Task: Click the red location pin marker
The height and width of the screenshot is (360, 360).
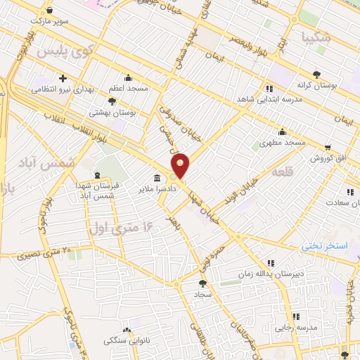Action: pyautogui.click(x=181, y=167)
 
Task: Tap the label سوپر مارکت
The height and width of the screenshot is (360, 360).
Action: pyautogui.click(x=68, y=21)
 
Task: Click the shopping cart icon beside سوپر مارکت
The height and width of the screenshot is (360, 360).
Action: pyautogui.click(x=49, y=11)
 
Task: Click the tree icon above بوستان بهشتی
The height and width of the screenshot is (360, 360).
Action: pyautogui.click(x=112, y=101)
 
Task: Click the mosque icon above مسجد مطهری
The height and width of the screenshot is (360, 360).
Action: pyautogui.click(x=282, y=131)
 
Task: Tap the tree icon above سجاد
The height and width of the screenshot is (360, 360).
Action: pyautogui.click(x=203, y=283)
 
